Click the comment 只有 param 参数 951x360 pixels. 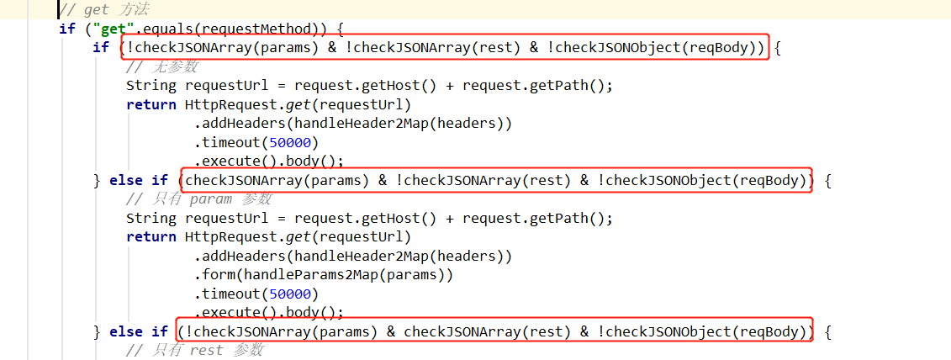(x=199, y=199)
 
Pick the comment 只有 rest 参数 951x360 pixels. (x=195, y=350)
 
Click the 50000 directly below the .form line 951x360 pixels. (x=290, y=294)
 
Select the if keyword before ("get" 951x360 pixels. (x=67, y=28)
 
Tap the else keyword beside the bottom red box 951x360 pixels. (x=126, y=332)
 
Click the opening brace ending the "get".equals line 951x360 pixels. (x=341, y=29)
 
